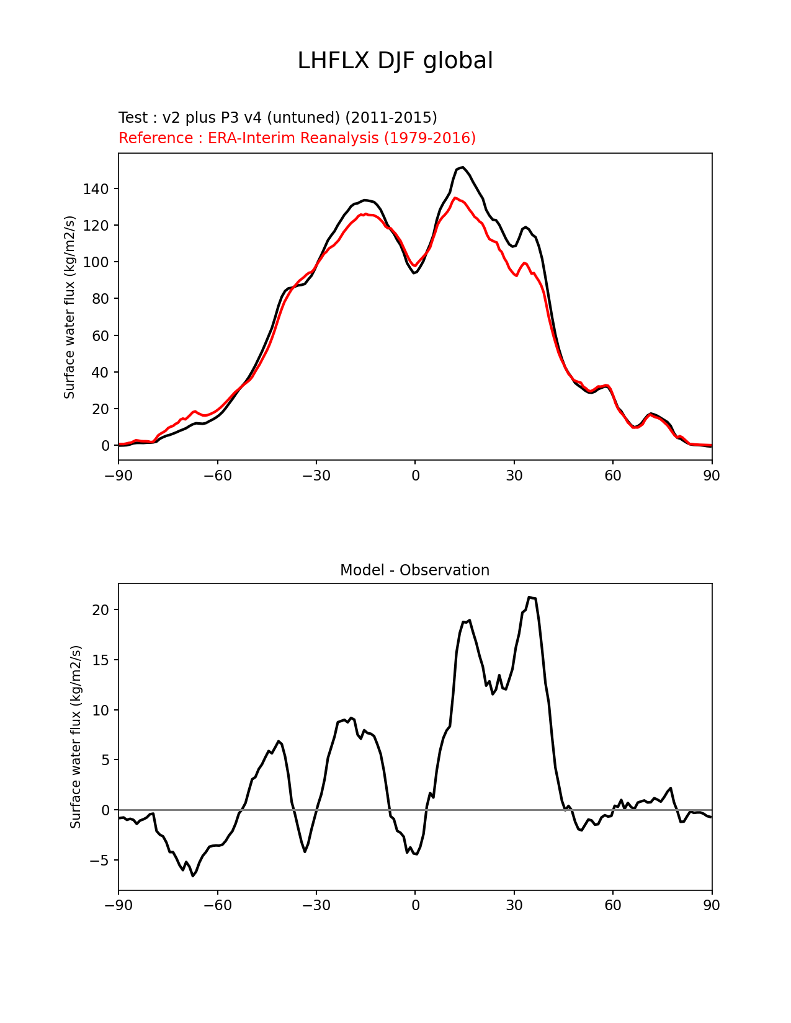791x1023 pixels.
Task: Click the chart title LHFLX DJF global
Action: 395,61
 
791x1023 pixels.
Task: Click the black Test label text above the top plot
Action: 277,117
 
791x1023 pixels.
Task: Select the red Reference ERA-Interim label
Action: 297,138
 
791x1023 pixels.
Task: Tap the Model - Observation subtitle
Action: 414,570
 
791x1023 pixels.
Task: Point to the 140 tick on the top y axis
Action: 96,189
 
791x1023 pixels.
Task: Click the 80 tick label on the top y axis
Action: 100,299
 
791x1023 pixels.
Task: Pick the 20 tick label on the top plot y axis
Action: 100,409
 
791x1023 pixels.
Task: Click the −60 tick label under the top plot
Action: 217,476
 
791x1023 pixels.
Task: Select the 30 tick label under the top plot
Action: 514,476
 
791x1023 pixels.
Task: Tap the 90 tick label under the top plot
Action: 712,476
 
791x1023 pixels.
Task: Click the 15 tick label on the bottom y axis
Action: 101,660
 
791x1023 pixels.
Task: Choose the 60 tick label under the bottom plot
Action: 613,905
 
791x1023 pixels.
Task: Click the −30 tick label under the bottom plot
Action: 316,905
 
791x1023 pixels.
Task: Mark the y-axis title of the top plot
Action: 69,307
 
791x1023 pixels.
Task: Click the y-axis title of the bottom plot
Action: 76,737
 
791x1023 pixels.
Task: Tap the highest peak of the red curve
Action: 455,198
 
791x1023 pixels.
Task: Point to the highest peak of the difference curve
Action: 529,597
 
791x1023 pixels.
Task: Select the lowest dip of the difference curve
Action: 193,875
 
